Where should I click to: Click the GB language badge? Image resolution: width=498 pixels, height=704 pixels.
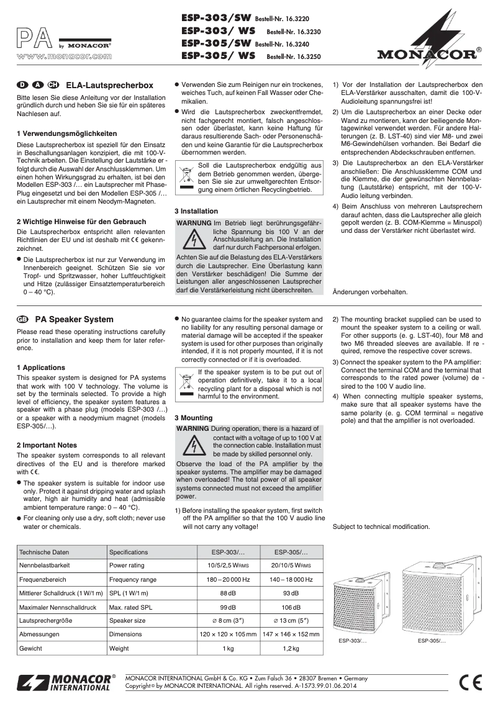click(23, 320)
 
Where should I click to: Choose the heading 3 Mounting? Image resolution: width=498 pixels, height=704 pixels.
click(193, 418)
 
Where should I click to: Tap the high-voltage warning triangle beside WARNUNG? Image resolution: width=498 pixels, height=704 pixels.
click(196, 239)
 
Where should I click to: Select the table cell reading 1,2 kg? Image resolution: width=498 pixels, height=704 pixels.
click(291, 649)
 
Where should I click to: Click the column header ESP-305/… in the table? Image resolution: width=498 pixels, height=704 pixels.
click(291, 551)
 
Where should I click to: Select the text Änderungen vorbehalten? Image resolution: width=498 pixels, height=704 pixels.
click(370, 292)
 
